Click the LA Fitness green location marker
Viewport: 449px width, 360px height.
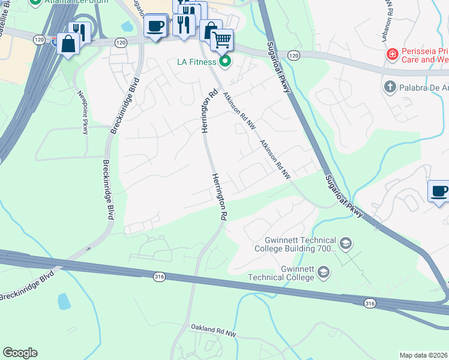tap(225, 61)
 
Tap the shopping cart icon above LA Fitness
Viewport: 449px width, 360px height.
tap(221, 41)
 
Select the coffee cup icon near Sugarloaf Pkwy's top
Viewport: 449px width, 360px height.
tap(155, 26)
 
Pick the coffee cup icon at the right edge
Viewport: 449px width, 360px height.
tap(439, 191)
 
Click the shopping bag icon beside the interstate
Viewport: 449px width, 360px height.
tap(68, 44)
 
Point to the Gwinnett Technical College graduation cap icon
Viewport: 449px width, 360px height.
tap(323, 273)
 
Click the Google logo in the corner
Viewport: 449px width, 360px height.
tap(20, 353)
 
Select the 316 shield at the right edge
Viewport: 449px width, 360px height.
tap(370, 304)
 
